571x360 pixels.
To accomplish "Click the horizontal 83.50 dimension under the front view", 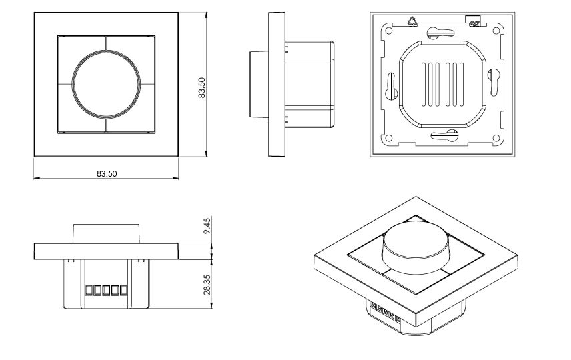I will click(107, 173).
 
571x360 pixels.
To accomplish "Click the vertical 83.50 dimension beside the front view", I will click(202, 87).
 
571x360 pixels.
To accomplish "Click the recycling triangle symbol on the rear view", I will click(411, 20).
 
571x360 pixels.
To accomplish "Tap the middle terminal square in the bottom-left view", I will click(106, 291).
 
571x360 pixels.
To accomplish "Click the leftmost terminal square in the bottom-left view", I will click(89, 291).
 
